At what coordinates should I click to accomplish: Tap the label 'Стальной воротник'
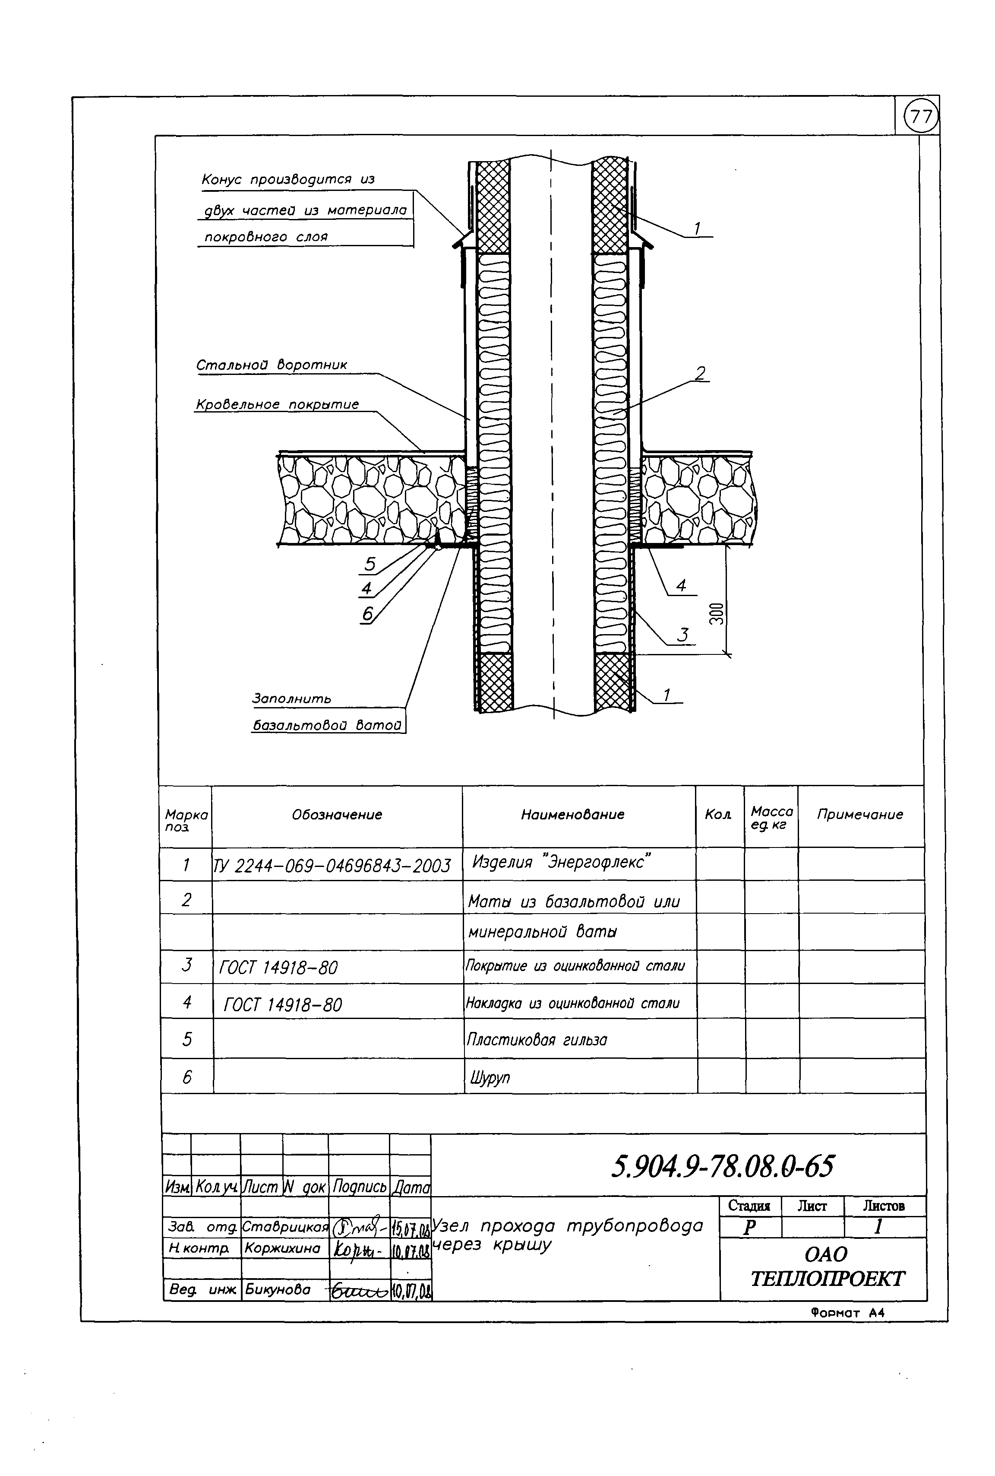[x=272, y=365]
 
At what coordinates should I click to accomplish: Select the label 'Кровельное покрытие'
[x=277, y=404]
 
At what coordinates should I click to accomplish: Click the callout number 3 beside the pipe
[x=682, y=634]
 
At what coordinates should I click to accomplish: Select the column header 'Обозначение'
[x=337, y=815]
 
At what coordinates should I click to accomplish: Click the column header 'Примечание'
[x=860, y=815]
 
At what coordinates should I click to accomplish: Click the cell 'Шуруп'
[x=490, y=1077]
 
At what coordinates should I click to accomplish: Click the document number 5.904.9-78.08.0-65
[x=723, y=1166]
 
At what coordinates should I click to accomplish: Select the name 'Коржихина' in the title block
[x=282, y=1248]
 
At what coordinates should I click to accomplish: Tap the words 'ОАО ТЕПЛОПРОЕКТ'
[x=827, y=1267]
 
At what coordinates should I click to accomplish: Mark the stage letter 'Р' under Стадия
[x=749, y=1228]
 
